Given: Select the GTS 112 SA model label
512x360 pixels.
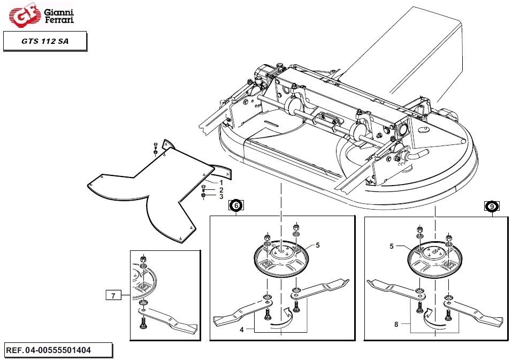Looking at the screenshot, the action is pyautogui.click(x=45, y=41).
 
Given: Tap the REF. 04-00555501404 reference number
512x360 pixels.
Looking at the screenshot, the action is pyautogui.click(x=49, y=350).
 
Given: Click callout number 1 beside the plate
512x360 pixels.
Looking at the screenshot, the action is pyautogui.click(x=221, y=183).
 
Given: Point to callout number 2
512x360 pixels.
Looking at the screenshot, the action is pyautogui.click(x=221, y=190).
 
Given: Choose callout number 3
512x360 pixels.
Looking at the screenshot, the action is pyautogui.click(x=221, y=196).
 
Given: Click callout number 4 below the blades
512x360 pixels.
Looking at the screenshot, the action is pyautogui.click(x=242, y=330).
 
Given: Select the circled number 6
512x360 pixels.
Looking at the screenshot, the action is pyautogui.click(x=236, y=205).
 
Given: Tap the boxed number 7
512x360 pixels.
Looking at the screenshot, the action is pyautogui.click(x=113, y=296).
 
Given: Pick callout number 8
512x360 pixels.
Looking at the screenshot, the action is pyautogui.click(x=396, y=324).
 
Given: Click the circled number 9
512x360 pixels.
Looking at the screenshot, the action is pyautogui.click(x=492, y=206).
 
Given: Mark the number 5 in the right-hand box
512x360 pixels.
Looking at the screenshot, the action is pyautogui.click(x=392, y=246).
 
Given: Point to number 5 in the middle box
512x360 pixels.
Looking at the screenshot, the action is pyautogui.click(x=318, y=245).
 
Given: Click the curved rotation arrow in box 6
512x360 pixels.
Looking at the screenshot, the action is pyautogui.click(x=282, y=320).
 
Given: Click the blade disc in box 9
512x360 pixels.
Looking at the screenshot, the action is pyautogui.click(x=435, y=258).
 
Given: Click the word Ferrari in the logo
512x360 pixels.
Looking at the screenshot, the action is pyautogui.click(x=59, y=20).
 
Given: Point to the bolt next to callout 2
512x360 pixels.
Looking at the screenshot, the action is pyautogui.click(x=203, y=189).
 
